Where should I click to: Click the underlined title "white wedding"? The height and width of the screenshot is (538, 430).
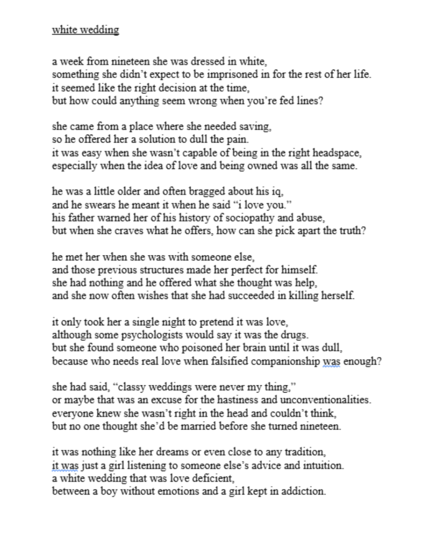pyautogui.click(x=86, y=30)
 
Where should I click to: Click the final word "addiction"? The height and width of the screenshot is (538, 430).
pyautogui.click(x=303, y=492)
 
